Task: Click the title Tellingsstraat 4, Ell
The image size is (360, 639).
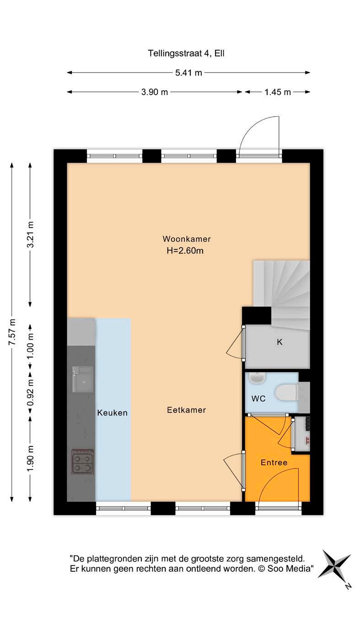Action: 186,53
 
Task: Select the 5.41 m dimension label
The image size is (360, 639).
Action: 188,73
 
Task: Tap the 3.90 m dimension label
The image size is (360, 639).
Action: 155,92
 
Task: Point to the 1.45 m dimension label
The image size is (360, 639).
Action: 278,92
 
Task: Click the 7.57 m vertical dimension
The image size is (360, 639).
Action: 12,332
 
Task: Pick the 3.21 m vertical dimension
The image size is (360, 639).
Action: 31,234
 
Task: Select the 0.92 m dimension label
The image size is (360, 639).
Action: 31,392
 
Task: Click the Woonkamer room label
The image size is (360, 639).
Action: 187,239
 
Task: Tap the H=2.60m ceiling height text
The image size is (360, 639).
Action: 185,251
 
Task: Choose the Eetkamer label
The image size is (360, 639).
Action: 187,410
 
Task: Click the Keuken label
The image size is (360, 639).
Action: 112,413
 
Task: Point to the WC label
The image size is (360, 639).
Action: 258,399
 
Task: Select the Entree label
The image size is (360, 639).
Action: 274,463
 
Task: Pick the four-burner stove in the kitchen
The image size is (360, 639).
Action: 83,462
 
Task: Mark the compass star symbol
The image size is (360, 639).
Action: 334,564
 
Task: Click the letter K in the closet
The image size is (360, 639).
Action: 279,342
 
